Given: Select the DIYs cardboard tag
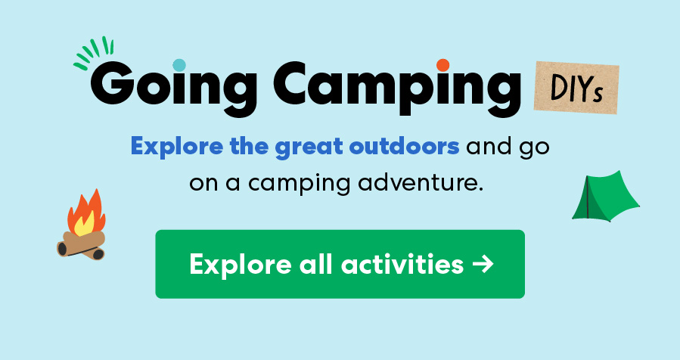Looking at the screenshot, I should tap(576, 88).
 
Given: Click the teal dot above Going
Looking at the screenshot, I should tap(179, 64).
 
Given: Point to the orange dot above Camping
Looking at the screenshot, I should tap(443, 64).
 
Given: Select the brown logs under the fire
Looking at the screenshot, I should tap(81, 244).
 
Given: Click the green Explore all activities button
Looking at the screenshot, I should tap(340, 264).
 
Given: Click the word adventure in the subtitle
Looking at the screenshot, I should tap(420, 182).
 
